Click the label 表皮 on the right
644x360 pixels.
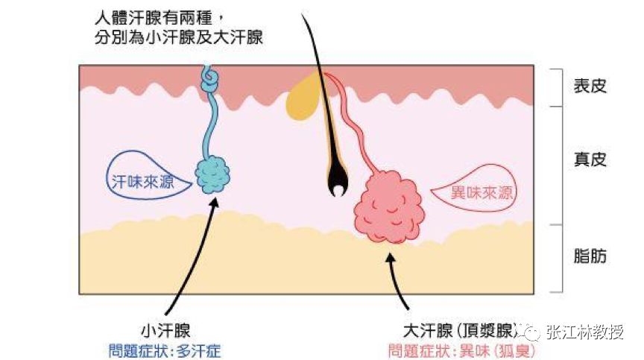pos(590,86)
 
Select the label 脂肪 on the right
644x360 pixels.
pos(590,256)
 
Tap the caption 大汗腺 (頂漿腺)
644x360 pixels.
pos(458,329)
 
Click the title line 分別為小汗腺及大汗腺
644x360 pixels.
pos(180,36)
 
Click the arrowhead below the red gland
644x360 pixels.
pos(389,257)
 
